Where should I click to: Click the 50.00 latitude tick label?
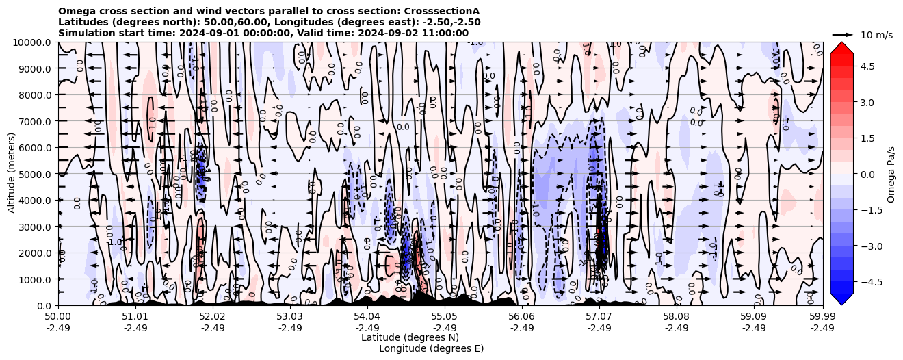58,317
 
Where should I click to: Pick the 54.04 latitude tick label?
367,317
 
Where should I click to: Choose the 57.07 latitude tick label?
599,317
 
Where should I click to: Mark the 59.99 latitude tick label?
822,317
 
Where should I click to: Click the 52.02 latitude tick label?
213,317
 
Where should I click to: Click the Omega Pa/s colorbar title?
891,174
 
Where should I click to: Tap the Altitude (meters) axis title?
12,174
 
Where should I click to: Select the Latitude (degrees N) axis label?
410,337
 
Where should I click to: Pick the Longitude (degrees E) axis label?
432,348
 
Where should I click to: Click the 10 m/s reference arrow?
843,34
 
